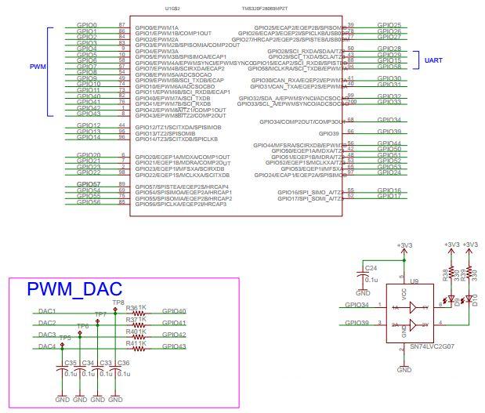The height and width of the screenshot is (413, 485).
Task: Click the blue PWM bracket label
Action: tap(36, 67)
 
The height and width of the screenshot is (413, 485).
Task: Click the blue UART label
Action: tap(435, 60)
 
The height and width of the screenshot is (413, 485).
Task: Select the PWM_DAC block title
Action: tap(74, 289)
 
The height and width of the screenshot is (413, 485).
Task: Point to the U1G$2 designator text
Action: tap(173, 9)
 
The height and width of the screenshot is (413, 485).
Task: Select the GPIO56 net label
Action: tap(88, 202)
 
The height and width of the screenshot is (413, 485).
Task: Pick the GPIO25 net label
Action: tap(389, 26)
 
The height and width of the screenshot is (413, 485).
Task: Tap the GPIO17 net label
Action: tap(389, 196)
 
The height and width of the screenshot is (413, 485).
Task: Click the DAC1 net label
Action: tap(47, 311)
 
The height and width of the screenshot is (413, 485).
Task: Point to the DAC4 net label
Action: tap(47, 346)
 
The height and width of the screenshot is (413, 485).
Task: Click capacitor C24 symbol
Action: tap(363, 274)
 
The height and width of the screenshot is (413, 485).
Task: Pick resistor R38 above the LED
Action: tap(452, 275)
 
